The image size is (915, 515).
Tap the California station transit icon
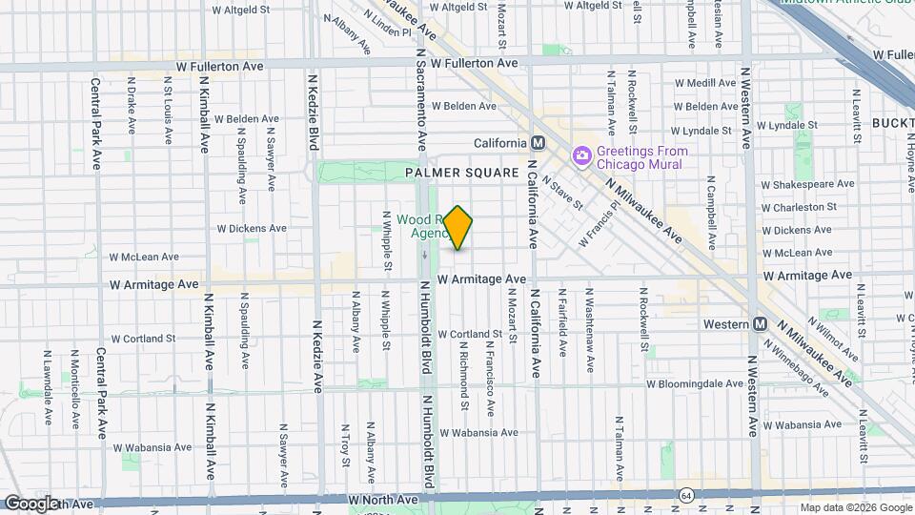coord(538,143)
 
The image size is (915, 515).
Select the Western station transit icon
coord(760,323)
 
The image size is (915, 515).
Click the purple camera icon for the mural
coord(580,155)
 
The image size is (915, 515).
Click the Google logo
coord(30,503)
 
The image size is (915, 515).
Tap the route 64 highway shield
coord(686,495)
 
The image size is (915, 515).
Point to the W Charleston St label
coord(799,207)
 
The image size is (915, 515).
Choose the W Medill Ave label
coord(705,83)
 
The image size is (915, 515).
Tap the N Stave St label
coord(562,191)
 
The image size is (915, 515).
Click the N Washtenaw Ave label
coord(589,322)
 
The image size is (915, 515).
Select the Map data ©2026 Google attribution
coord(855,507)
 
